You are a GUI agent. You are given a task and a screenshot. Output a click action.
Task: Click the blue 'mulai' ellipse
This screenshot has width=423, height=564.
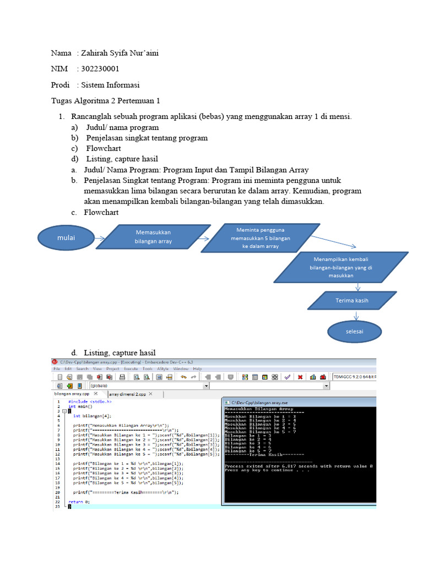pos(66,237)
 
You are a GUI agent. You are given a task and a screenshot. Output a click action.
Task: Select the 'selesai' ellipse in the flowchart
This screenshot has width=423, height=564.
pos(355,332)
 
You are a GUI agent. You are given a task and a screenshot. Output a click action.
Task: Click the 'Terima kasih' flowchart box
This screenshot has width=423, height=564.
pos(352,301)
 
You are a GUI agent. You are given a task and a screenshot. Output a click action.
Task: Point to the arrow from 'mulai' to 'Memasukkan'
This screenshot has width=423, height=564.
pos(100,238)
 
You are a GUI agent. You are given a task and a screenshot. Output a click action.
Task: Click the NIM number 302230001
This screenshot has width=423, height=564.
pos(100,69)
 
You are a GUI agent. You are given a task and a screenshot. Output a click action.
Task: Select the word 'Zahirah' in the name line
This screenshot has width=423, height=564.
pos(94,53)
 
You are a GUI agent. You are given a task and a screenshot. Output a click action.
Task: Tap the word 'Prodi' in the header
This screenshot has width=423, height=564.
pos(60,85)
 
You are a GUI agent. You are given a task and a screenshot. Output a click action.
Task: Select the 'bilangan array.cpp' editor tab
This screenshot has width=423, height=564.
pos(72,394)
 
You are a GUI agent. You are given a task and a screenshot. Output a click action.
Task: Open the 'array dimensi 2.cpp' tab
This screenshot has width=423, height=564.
pos(128,394)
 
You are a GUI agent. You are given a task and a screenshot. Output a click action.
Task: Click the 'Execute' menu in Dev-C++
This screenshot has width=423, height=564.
pos(131,368)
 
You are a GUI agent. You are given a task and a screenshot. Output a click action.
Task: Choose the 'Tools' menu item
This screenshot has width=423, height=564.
pos(147,368)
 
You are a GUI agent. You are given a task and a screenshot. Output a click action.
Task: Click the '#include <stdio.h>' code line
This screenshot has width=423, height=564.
pos(90,402)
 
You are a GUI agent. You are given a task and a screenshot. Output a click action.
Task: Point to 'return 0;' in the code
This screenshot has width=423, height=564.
pos(79,502)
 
